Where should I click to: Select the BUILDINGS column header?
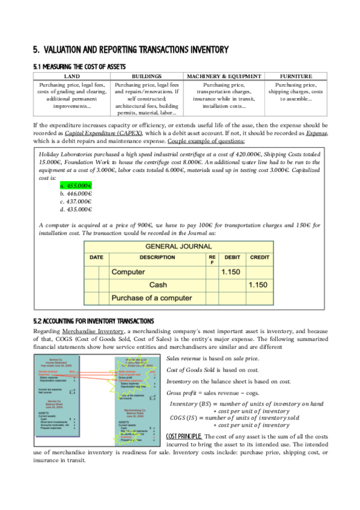147,76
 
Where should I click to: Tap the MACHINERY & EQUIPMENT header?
224,76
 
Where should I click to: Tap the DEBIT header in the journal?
232,257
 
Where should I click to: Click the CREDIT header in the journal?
260,257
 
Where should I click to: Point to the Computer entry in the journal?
129,272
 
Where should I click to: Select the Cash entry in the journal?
158,284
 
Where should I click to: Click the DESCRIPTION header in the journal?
157,257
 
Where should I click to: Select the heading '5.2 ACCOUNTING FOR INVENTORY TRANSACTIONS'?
93,321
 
